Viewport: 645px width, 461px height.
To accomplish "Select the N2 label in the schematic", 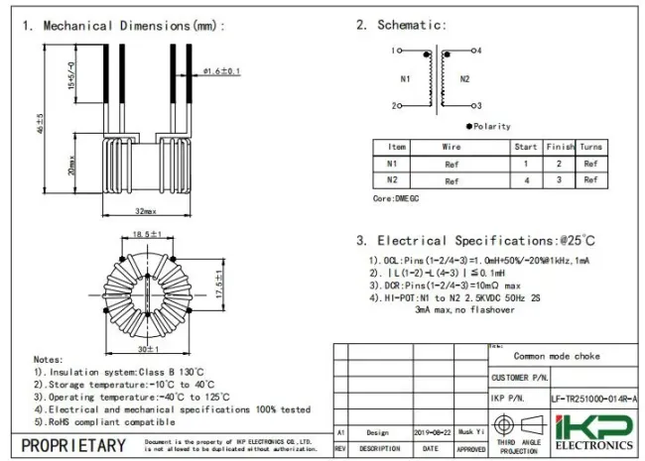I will (464, 76).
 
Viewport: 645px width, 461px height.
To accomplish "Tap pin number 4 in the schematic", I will (478, 50).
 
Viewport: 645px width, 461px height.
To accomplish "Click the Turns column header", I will (590, 146).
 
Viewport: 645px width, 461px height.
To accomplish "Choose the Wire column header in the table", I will (451, 146).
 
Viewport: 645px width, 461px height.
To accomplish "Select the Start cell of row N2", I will (525, 180).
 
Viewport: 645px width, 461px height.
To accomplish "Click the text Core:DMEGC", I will (396, 198).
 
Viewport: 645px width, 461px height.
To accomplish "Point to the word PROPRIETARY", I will (73, 445).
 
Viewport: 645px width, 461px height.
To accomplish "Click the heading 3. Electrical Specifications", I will (476, 240).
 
